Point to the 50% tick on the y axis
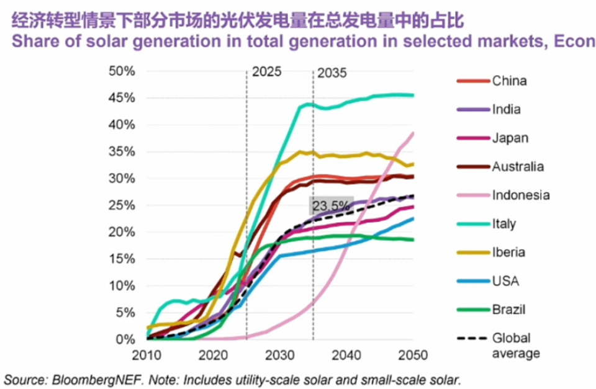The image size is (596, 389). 122,71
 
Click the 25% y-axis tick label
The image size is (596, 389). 122,205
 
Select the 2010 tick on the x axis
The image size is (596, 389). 147,355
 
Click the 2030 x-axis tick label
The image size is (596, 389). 280,355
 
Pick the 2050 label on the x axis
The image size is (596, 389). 413,355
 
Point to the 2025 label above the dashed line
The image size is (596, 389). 266,72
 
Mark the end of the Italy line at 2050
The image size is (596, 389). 413,95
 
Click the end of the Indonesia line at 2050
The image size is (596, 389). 413,133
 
